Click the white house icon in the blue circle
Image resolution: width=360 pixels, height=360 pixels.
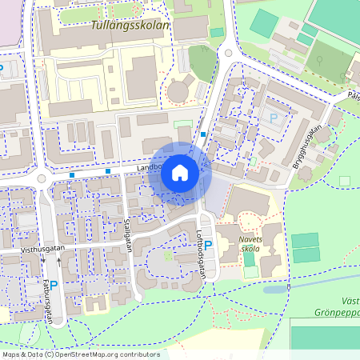pos(180,173)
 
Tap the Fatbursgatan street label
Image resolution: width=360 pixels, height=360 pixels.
pos(50,301)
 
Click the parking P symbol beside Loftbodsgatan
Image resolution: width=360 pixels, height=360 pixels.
pos(208,246)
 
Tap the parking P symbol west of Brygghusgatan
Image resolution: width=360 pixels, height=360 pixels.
pos(274,118)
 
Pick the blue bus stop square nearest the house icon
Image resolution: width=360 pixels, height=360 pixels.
pos(204,134)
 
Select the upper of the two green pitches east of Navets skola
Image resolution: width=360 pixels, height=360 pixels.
pos(304,240)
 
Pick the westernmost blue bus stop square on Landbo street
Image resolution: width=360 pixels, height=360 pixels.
pos(72,174)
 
